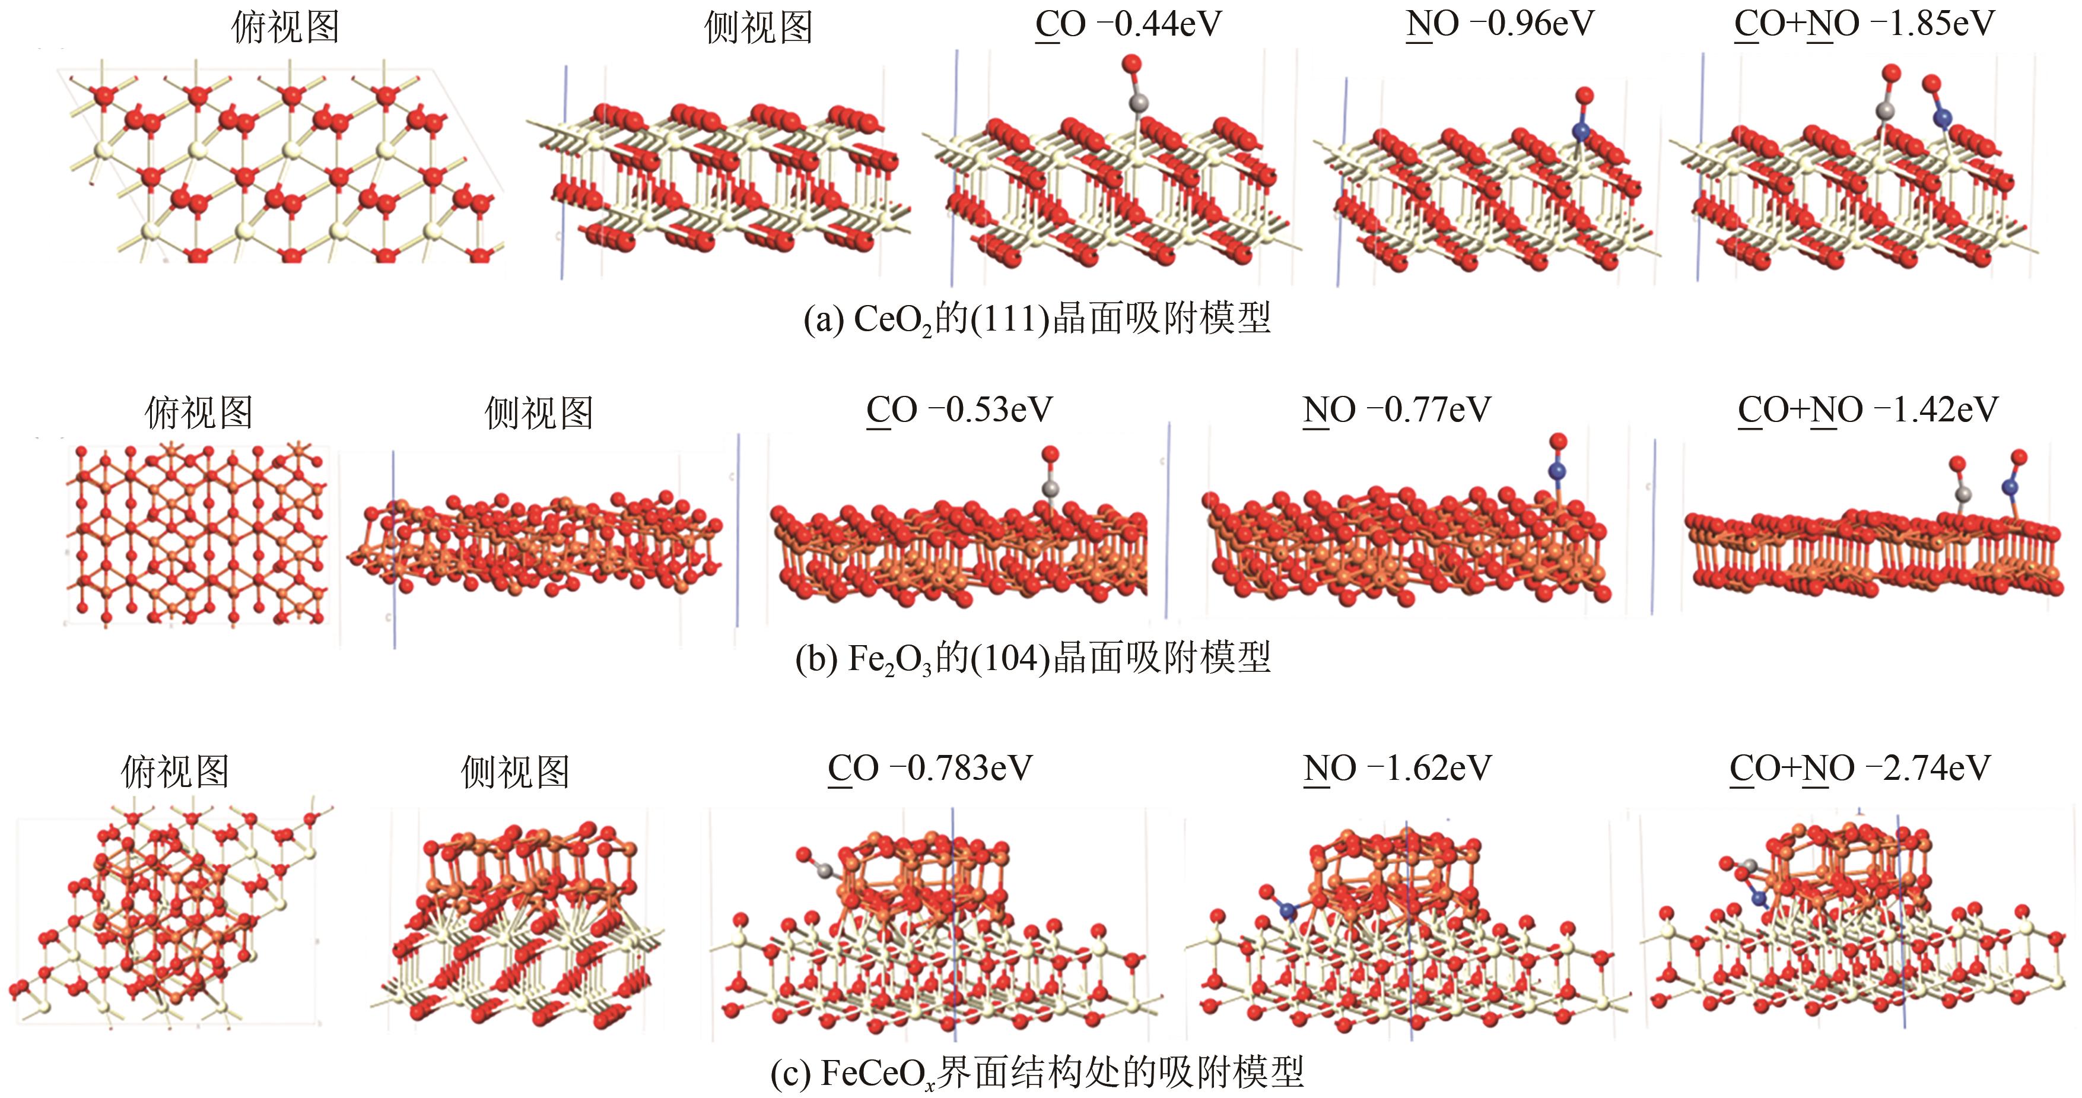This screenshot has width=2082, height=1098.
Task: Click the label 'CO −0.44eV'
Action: [1129, 24]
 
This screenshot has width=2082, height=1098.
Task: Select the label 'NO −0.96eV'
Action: [1500, 24]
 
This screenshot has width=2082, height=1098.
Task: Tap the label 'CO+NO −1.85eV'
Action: [1864, 24]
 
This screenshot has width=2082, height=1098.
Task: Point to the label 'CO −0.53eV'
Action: [959, 410]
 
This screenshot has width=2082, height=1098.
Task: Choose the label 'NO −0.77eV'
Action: [1397, 410]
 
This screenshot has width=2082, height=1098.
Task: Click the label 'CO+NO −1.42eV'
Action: [1868, 410]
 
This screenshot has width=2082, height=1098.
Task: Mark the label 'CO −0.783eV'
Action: [930, 768]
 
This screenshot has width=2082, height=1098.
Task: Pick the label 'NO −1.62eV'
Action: [1397, 768]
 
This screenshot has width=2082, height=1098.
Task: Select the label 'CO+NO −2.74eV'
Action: [1860, 768]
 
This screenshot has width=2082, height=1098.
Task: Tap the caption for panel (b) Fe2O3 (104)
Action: [1033, 658]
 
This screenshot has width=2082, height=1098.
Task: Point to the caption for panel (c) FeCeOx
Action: [1037, 1073]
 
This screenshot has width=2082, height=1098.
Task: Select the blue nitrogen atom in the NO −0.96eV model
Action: [1581, 131]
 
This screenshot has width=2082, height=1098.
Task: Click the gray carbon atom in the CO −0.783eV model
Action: [824, 871]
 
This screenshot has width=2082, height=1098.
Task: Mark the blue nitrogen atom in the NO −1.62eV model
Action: [1288, 911]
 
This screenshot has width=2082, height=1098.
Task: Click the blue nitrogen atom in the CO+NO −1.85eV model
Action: [1942, 118]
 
